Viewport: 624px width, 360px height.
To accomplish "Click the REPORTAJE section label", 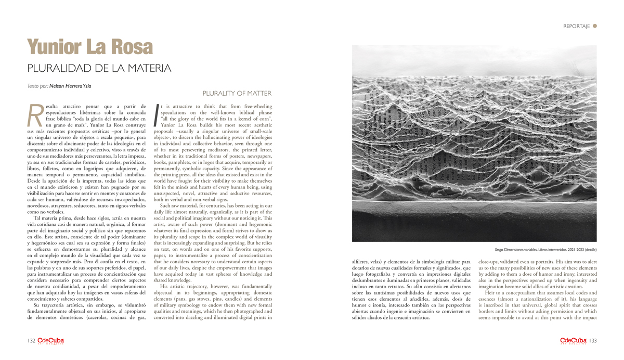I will (x=576, y=26).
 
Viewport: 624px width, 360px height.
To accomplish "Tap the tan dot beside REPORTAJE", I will (x=595, y=25).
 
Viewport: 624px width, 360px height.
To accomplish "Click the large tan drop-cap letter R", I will (x=35, y=115).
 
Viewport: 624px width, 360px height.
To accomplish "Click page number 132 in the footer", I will (x=31, y=341).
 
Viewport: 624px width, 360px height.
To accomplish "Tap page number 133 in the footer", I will (x=593, y=341).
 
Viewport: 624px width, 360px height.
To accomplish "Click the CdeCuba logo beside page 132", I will (x=50, y=341).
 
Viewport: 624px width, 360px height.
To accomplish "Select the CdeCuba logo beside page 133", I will (x=573, y=341).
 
